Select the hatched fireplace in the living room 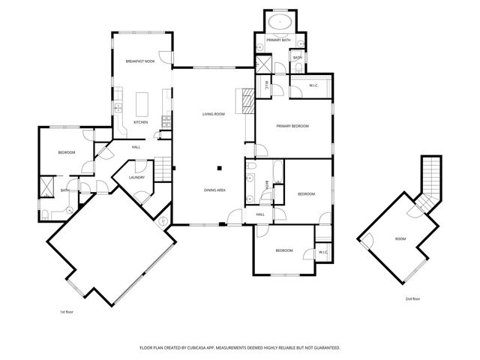tap(244, 99)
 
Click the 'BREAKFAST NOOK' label tap(140, 61)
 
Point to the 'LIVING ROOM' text tap(214, 114)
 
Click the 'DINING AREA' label tap(215, 190)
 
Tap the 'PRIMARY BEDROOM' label tap(292, 126)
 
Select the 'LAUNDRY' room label tap(136, 178)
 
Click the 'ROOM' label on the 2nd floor tap(400, 238)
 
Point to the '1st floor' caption tap(67, 311)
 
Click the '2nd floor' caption tap(412, 298)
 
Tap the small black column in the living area tap(220, 167)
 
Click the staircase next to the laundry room tap(164, 170)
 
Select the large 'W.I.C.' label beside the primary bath tap(314, 85)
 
